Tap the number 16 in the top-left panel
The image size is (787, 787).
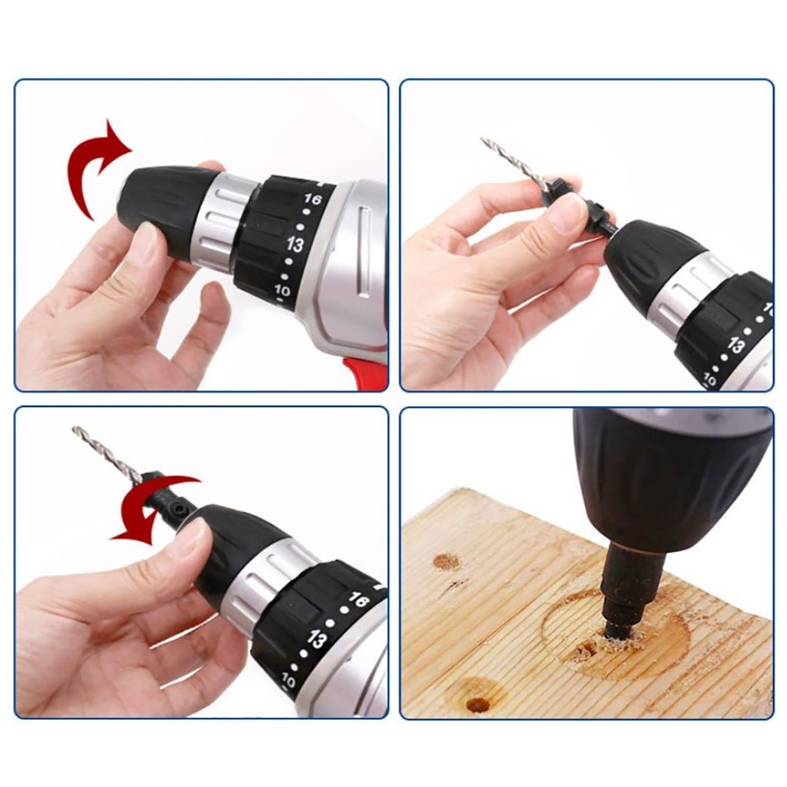point(312,199)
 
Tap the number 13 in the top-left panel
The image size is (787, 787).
point(295,244)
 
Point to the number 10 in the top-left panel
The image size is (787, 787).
point(283,290)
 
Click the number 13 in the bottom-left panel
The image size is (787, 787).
point(317,640)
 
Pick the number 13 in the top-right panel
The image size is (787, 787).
point(736,346)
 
